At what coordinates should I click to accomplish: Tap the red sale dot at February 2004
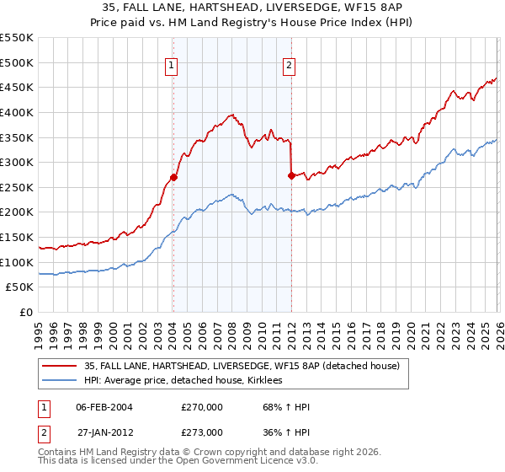click(173, 177)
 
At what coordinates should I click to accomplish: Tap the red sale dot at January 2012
click(290, 176)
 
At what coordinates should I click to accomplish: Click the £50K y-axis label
click(20, 287)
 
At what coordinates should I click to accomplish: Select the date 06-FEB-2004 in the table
click(104, 407)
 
